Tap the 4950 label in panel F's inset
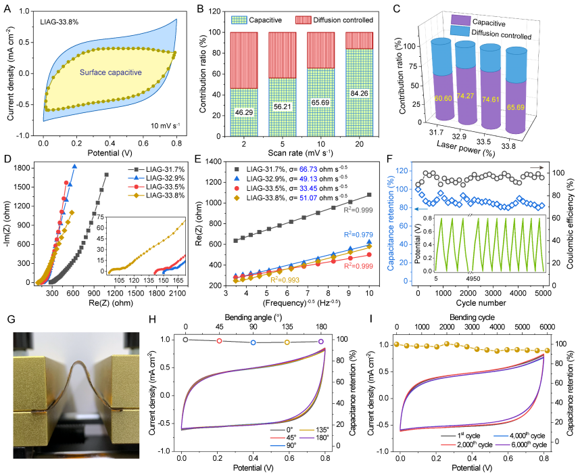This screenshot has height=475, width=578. (x=477, y=277)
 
